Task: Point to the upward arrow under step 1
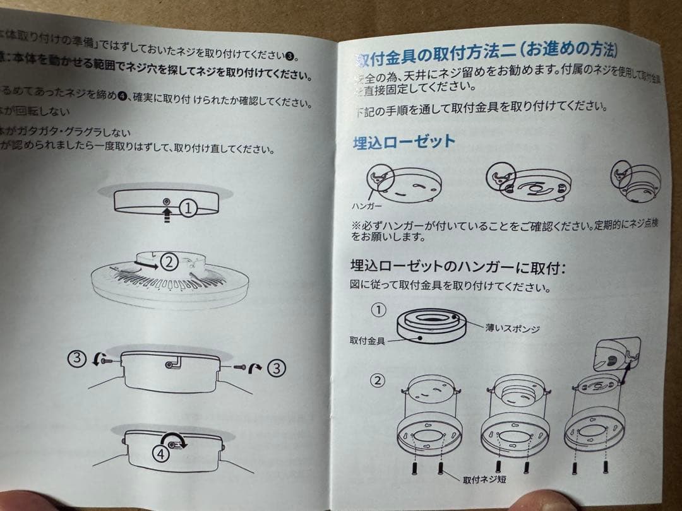(x=166, y=215)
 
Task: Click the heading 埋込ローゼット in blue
(x=404, y=141)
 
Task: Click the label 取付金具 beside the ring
(x=368, y=341)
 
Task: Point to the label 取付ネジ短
(x=484, y=479)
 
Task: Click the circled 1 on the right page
(x=378, y=310)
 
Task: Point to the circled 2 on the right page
(x=377, y=381)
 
